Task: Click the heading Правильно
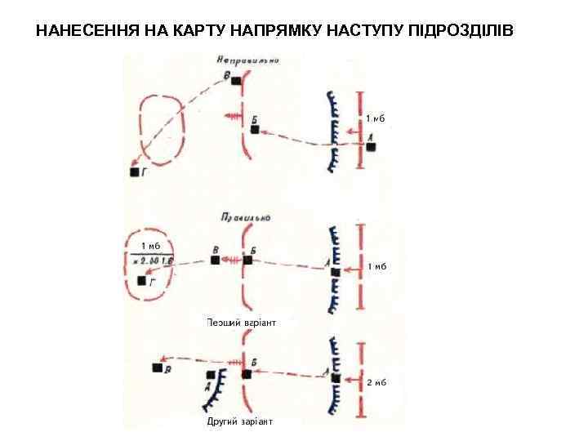(x=244, y=218)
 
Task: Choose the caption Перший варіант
(x=243, y=323)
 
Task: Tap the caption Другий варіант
(x=240, y=421)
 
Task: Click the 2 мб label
(x=376, y=382)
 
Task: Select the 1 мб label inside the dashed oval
(x=150, y=245)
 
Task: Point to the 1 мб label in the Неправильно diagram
(x=374, y=118)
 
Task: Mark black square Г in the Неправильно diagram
(x=135, y=172)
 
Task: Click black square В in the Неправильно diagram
(x=237, y=81)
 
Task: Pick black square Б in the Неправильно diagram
(x=255, y=130)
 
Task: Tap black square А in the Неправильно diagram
(x=371, y=147)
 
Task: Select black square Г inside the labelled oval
(x=142, y=281)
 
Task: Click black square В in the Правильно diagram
(x=216, y=260)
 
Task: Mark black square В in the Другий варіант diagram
(x=157, y=367)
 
